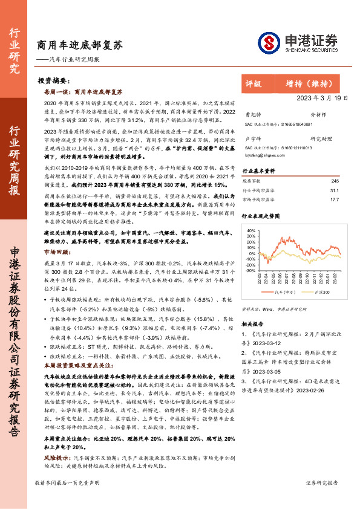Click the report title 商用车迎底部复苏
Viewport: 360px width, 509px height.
[x=79, y=45]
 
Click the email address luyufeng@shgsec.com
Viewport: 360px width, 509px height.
[x=261, y=155]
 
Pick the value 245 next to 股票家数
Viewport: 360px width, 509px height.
[x=335, y=181]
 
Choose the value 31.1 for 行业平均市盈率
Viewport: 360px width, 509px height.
[x=334, y=190]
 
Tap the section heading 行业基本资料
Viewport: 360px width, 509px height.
[x=259, y=170]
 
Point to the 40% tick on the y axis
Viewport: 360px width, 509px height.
[x=249, y=230]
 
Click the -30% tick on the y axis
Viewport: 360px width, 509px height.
[x=249, y=271]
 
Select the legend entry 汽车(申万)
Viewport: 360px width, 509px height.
[x=284, y=291]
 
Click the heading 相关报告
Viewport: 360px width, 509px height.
[x=254, y=323]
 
